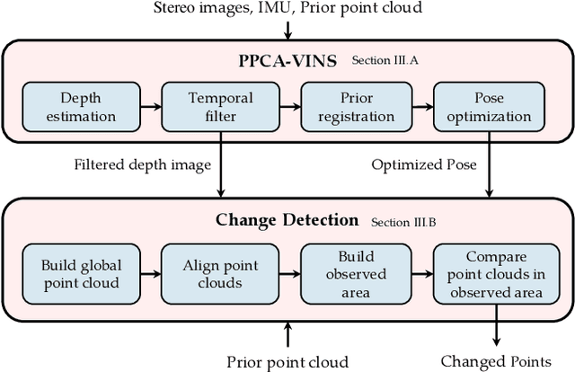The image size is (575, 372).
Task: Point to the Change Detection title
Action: (x=287, y=220)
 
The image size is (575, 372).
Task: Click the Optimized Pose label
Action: (x=425, y=164)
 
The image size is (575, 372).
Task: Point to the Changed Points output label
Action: (x=495, y=361)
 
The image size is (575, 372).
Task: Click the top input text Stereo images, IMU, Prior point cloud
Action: (x=287, y=10)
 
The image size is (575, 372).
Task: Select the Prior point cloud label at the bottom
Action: (x=287, y=361)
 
